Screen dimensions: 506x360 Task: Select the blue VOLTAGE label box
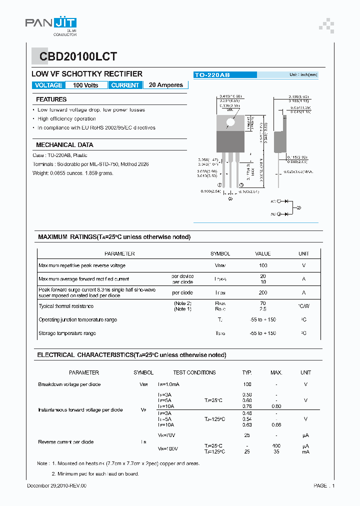[48, 85]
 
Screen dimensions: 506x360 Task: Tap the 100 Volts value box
[85, 85]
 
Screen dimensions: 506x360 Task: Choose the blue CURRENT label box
[125, 85]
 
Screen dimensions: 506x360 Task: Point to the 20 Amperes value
[166, 85]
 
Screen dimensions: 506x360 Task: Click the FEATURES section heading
[51, 99]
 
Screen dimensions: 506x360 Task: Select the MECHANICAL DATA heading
[64, 144]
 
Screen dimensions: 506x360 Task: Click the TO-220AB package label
[212, 75]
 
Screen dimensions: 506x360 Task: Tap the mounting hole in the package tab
[230, 121]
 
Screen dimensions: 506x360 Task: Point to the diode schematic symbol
[286, 207]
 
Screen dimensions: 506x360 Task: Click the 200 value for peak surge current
[263, 292]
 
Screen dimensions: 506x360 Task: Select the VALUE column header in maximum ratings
[263, 253]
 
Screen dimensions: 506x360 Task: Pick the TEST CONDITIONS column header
[194, 372]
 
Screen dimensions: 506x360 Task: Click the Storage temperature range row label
[67, 333]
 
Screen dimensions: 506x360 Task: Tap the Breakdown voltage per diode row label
[69, 384]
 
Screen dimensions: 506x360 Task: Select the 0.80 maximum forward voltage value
[276, 406]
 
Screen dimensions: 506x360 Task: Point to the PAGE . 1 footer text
[324, 485]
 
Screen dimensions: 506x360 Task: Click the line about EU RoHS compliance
[96, 127]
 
